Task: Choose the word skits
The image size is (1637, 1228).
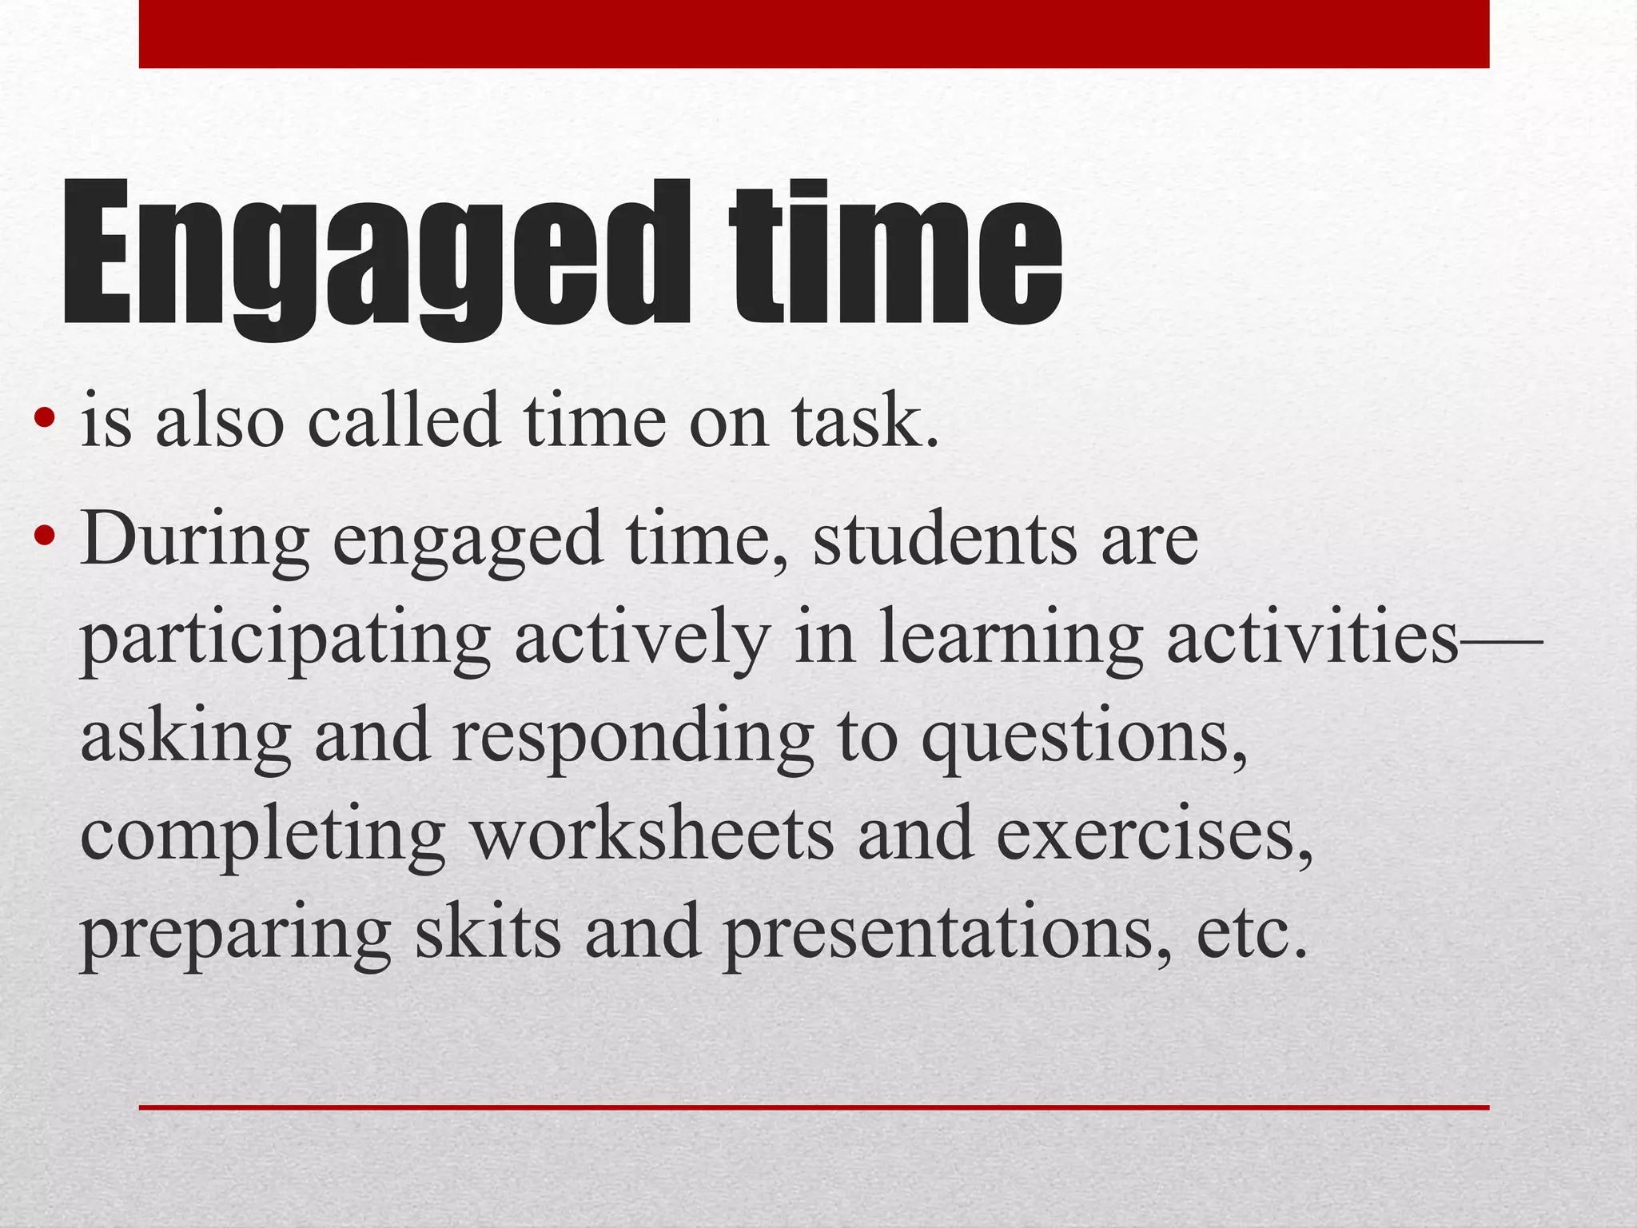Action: [x=488, y=931]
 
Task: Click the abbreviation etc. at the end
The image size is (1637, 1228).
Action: [x=1252, y=931]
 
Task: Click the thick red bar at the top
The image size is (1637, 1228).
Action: [x=814, y=34]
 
